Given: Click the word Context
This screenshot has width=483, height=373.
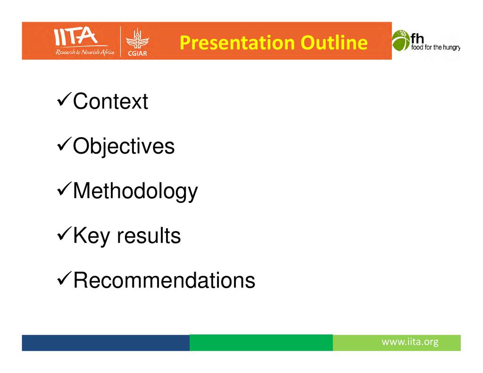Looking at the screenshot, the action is [110, 101].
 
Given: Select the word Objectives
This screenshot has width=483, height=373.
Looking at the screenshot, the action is [124, 146].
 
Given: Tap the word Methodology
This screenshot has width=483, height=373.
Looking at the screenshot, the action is [135, 191].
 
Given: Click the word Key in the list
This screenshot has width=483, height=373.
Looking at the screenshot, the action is [91, 236].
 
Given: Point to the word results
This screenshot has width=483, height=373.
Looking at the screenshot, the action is [149, 236].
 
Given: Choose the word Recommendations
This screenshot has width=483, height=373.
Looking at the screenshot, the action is [164, 280].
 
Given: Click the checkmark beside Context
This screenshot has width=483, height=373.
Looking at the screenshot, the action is [64, 100].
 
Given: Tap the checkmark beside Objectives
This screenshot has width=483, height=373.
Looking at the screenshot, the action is [64, 144].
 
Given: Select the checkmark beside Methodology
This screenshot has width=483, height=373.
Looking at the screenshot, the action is [64, 189].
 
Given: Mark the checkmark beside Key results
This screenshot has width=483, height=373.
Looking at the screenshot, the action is [64, 234].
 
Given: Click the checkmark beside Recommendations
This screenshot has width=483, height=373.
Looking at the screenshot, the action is [64, 278].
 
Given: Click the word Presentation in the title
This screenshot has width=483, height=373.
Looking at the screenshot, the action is [237, 43].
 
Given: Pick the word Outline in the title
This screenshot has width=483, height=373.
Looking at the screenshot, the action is [334, 42].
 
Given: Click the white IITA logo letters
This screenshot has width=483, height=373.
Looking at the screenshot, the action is [75, 36].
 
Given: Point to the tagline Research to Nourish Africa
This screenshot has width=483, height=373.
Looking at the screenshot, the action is [85, 52].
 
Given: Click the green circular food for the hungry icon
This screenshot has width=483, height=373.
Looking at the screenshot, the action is [401, 41].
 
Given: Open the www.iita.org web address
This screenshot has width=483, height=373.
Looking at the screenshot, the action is [410, 342].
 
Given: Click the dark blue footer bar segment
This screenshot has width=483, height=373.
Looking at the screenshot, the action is [106, 342].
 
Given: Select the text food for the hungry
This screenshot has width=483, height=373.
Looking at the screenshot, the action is [435, 48].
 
